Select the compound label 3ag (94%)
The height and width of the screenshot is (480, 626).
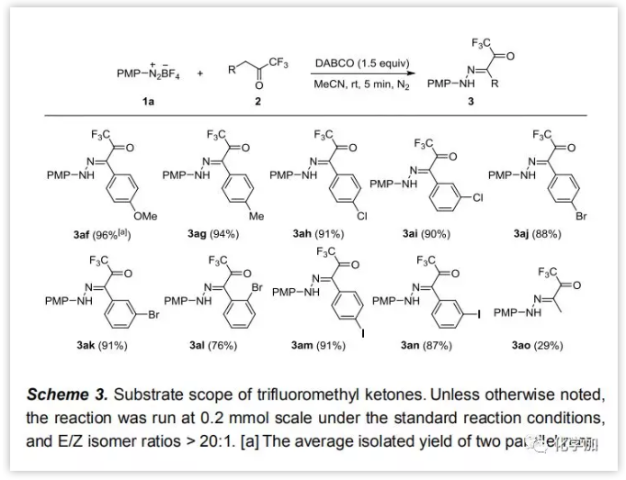pyautogui.click(x=211, y=235)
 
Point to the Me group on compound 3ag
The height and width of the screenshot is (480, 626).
pyautogui.click(x=256, y=216)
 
